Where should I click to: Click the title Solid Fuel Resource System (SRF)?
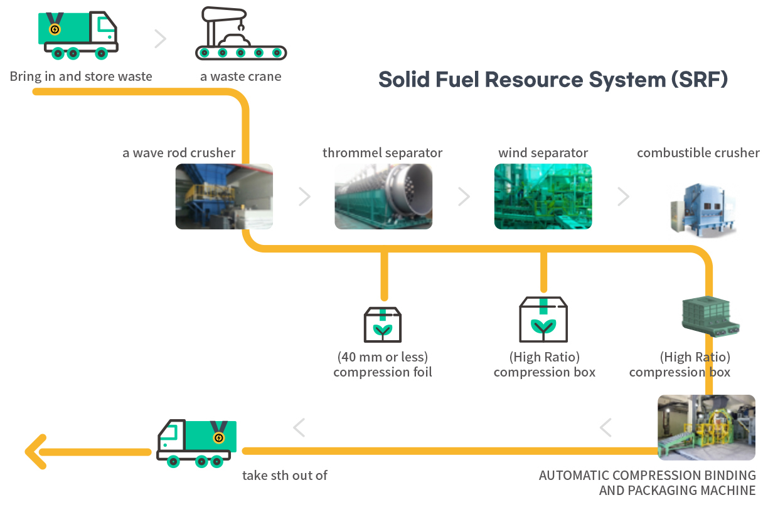553,80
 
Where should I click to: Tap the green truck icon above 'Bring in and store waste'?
78,35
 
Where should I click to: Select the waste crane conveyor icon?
241,33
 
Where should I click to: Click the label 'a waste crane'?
241,76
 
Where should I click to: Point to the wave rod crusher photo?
224,196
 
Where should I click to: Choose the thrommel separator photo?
383,196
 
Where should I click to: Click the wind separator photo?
543,196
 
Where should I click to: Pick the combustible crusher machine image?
703,210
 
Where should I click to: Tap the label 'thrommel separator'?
382,153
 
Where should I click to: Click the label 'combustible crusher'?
698,153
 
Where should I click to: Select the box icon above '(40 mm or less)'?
383,325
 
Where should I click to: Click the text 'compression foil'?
383,372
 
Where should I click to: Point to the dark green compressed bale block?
710,316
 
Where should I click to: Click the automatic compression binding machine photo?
707,427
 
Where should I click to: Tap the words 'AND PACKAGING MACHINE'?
677,491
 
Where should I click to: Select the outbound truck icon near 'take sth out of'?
196,444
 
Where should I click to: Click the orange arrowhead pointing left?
36,452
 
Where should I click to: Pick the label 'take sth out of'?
285,475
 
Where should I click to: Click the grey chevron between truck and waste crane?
161,39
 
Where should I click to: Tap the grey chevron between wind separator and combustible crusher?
623,197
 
